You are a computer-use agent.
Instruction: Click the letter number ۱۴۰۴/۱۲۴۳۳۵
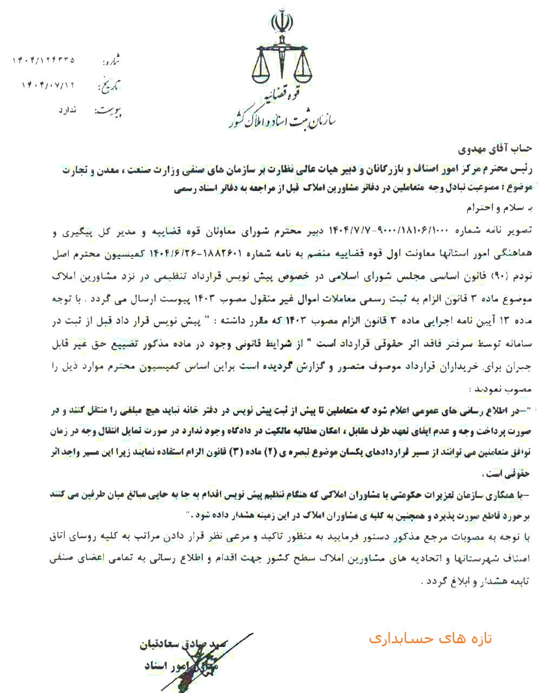click(x=43, y=60)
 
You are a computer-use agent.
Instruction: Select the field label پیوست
click(x=110, y=111)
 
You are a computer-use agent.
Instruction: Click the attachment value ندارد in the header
click(x=68, y=110)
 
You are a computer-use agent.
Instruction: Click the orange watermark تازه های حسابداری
click(x=431, y=638)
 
